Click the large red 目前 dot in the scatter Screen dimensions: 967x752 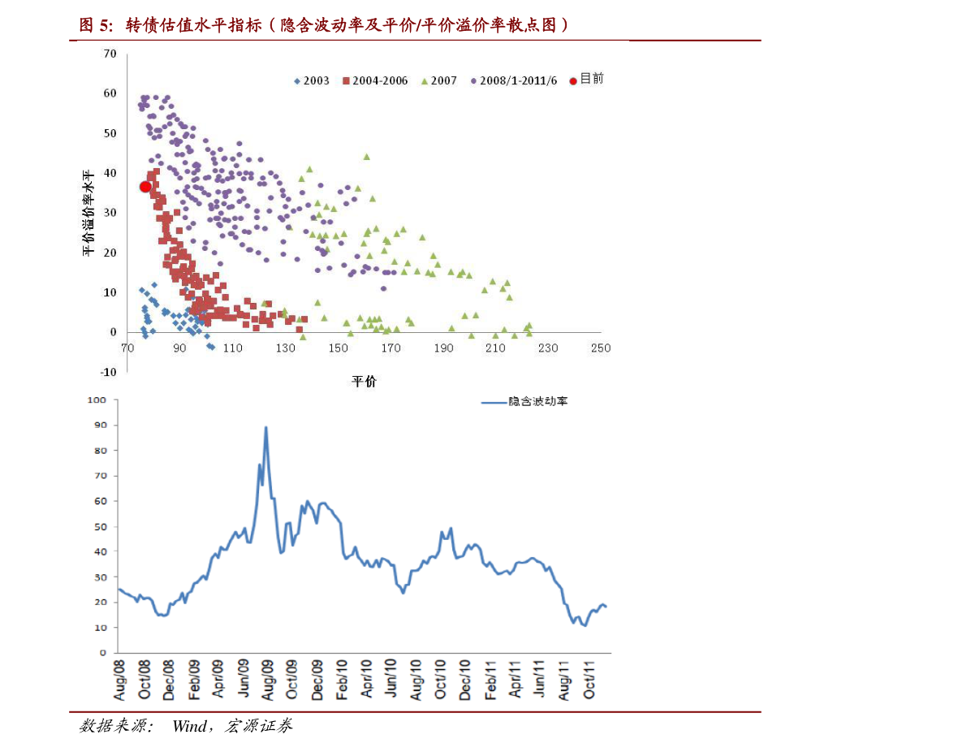[145, 187]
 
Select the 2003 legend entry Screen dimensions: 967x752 [312, 81]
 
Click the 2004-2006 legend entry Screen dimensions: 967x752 [375, 81]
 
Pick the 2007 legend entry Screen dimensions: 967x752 [439, 81]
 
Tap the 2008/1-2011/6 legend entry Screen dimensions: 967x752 [514, 81]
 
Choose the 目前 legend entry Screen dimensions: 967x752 [586, 79]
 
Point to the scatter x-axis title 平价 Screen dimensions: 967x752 [364, 381]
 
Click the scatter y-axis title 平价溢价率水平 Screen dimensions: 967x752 [88, 213]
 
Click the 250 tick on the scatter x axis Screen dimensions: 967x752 [601, 348]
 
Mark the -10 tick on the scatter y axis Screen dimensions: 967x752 [109, 372]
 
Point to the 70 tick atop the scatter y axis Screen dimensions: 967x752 [110, 54]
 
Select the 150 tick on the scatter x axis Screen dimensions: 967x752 [338, 348]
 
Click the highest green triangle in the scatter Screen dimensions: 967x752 [366, 157]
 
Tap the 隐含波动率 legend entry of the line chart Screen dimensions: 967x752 [525, 402]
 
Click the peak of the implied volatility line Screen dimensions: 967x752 [265, 427]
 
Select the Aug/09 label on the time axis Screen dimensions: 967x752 [267, 680]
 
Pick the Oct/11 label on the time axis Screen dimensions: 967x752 [589, 680]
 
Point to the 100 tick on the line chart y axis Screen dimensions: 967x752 [97, 400]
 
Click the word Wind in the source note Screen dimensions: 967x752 [189, 726]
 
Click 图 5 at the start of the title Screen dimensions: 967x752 [96, 25]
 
